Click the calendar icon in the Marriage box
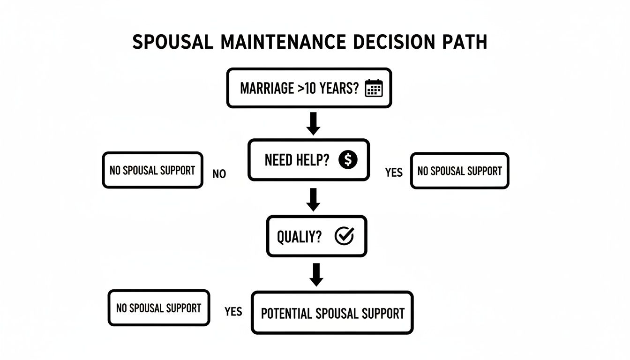pyautogui.click(x=374, y=88)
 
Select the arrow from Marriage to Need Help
pyautogui.click(x=313, y=123)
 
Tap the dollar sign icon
pyautogui.click(x=347, y=160)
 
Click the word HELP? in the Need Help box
pyautogui.click(x=311, y=160)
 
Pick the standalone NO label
pyautogui.click(x=219, y=174)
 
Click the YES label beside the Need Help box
pyautogui.click(x=394, y=173)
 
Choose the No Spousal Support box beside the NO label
pyautogui.click(x=152, y=170)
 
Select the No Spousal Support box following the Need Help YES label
pyautogui.click(x=459, y=171)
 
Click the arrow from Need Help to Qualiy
pyautogui.click(x=313, y=199)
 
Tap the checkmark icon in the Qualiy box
pyautogui.click(x=344, y=237)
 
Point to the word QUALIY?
pyautogui.click(x=299, y=237)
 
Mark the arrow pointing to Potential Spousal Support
pyautogui.click(x=316, y=274)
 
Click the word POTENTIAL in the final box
pyautogui.click(x=286, y=313)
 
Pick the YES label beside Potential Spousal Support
pyautogui.click(x=233, y=312)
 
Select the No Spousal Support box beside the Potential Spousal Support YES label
pyautogui.click(x=158, y=308)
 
